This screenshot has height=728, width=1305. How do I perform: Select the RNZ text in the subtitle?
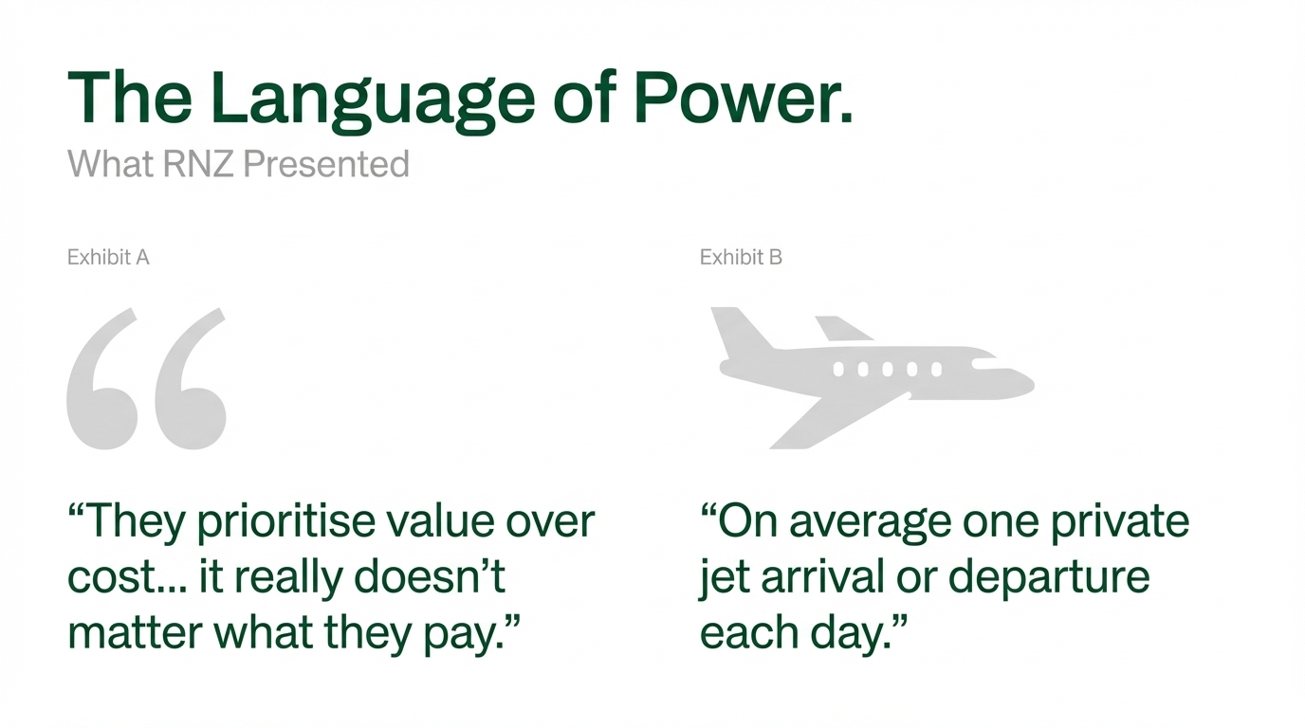click(198, 164)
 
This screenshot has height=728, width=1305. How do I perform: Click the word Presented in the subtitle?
click(326, 164)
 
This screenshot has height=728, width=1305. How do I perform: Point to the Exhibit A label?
click(108, 257)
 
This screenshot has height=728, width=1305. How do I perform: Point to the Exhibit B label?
click(741, 257)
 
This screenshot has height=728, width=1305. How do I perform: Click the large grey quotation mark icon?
click(146, 378)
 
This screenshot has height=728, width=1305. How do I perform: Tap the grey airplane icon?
click(873, 378)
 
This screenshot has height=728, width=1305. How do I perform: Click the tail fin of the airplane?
click(741, 329)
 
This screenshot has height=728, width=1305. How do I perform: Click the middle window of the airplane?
click(888, 369)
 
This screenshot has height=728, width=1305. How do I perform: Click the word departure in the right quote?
click(1049, 577)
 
